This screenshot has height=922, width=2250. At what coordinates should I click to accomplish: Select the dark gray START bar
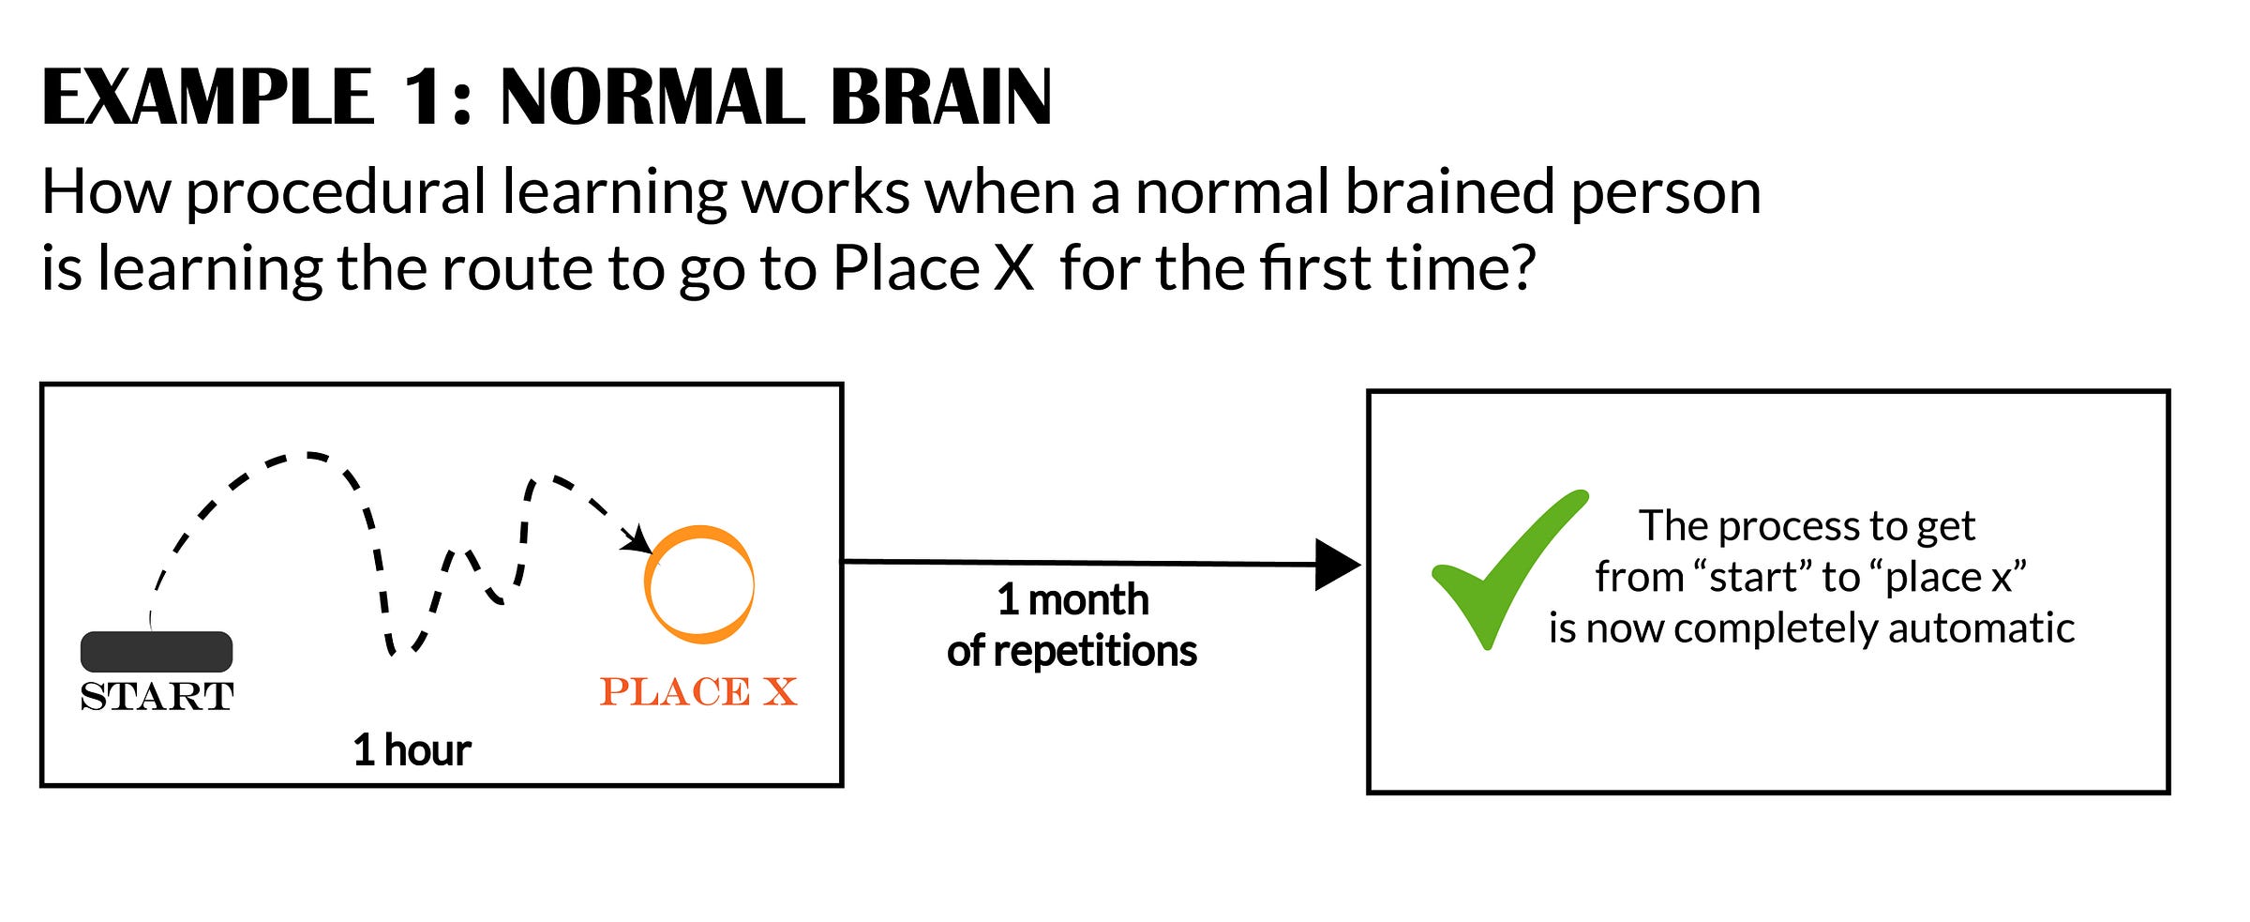click(x=157, y=651)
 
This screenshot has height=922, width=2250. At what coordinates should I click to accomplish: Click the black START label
click(x=157, y=697)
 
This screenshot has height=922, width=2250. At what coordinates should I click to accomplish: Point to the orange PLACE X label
click(x=698, y=692)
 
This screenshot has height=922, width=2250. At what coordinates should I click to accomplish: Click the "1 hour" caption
click(x=412, y=750)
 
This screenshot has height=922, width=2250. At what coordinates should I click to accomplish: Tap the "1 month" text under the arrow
click(x=1072, y=600)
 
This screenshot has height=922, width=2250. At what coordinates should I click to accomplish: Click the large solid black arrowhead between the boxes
click(x=1336, y=565)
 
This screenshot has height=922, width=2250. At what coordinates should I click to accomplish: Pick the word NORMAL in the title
click(x=652, y=98)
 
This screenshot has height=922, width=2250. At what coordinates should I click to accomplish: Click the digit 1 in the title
click(x=421, y=98)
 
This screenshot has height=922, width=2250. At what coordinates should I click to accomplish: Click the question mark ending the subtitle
click(x=1520, y=269)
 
